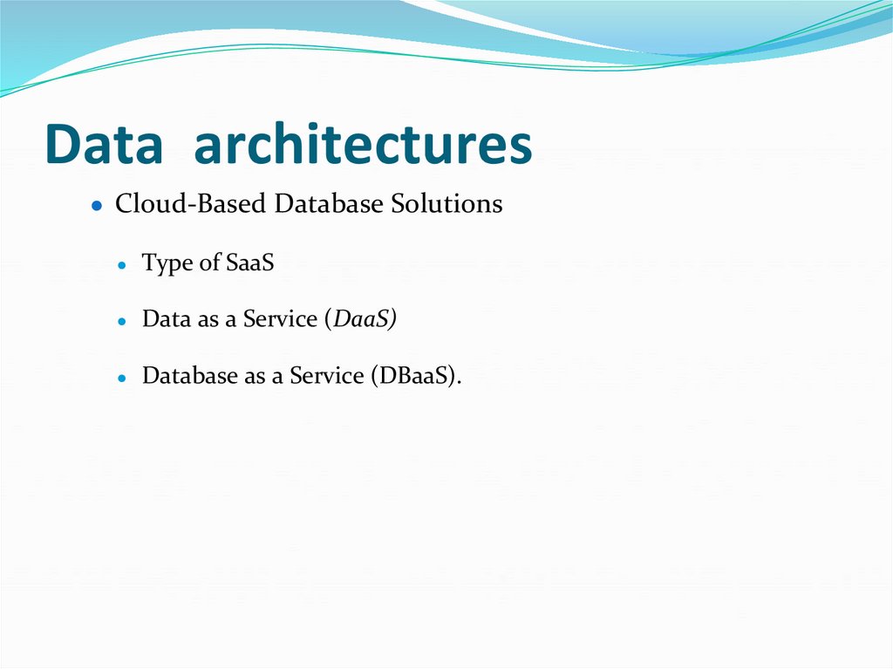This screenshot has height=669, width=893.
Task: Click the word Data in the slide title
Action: [104, 145]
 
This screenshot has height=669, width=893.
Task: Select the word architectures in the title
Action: [363, 145]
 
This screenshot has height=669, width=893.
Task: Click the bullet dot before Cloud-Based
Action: [99, 207]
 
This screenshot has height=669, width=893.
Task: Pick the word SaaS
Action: [249, 263]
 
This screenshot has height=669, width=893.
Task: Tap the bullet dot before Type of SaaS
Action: [124, 265]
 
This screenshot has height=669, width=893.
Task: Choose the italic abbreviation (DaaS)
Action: [360, 319]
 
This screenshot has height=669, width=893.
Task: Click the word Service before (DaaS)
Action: [280, 319]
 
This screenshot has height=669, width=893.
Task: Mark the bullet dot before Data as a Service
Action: [124, 322]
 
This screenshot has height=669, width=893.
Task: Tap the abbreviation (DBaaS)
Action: [415, 376]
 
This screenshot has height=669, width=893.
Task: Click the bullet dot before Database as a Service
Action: [124, 379]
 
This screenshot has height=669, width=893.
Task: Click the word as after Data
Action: [208, 320]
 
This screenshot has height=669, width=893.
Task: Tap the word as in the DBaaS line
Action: [256, 377]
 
